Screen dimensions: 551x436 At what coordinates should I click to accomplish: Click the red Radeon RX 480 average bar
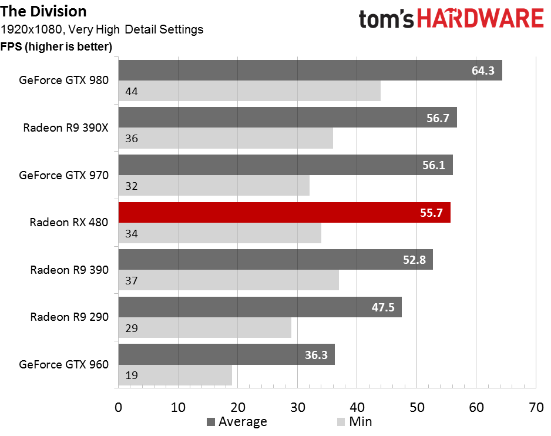pyautogui.click(x=284, y=212)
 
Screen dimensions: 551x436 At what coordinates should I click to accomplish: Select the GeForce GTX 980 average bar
pyautogui.click(x=310, y=71)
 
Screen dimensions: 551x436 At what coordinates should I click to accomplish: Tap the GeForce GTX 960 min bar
pyautogui.click(x=175, y=375)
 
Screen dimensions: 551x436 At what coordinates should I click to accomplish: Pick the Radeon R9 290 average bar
pyautogui.click(x=260, y=307)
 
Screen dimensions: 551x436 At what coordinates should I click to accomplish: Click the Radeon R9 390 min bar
pyautogui.click(x=229, y=280)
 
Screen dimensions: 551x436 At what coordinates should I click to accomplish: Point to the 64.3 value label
pyautogui.click(x=483, y=71)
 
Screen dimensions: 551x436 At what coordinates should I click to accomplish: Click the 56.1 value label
pyautogui.click(x=434, y=165)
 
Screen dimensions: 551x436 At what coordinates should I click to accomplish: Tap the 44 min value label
pyautogui.click(x=132, y=92)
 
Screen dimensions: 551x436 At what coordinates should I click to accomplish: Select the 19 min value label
pyautogui.click(x=132, y=375)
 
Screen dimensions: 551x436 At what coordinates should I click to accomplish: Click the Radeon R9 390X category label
pyautogui.click(x=66, y=128)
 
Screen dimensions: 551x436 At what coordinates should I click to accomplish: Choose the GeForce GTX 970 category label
pyautogui.click(x=63, y=175)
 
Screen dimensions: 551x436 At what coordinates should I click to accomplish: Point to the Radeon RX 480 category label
pyautogui.click(x=69, y=222)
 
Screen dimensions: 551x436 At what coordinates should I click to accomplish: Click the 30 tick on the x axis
pyautogui.click(x=298, y=408)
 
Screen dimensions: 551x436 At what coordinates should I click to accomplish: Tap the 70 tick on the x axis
pyautogui.click(x=536, y=408)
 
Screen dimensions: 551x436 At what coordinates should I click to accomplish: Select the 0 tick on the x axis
pyautogui.click(x=119, y=408)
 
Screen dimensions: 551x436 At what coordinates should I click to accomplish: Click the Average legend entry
pyautogui.click(x=237, y=421)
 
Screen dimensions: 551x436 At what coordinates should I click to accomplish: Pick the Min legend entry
pyautogui.click(x=354, y=421)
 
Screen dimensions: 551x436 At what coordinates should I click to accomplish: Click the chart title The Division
pyautogui.click(x=43, y=11)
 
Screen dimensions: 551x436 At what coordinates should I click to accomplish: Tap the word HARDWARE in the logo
pyautogui.click(x=481, y=19)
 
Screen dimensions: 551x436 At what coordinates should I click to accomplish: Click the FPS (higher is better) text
pyautogui.click(x=56, y=47)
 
